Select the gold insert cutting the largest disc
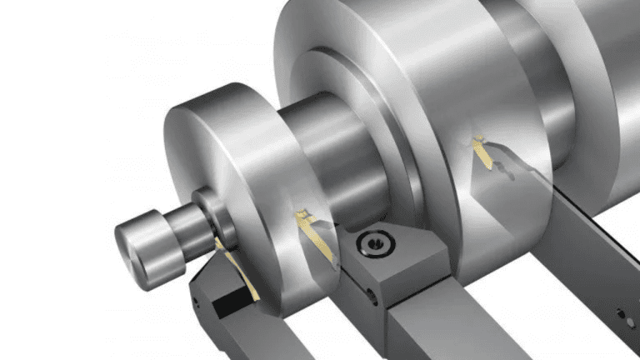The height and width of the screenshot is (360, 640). tap(483, 154)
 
